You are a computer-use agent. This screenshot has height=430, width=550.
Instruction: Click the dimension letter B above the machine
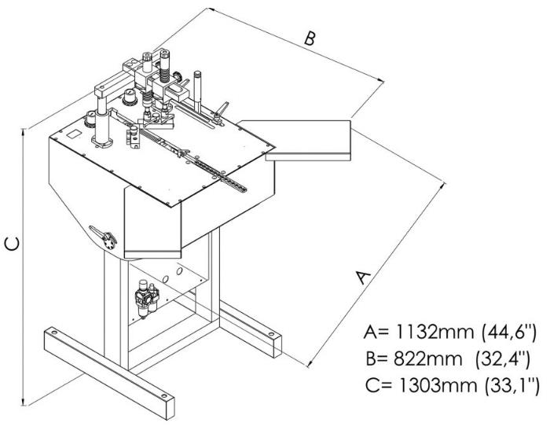tap(310, 39)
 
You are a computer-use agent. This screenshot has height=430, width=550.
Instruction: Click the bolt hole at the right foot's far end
tap(272, 336)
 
